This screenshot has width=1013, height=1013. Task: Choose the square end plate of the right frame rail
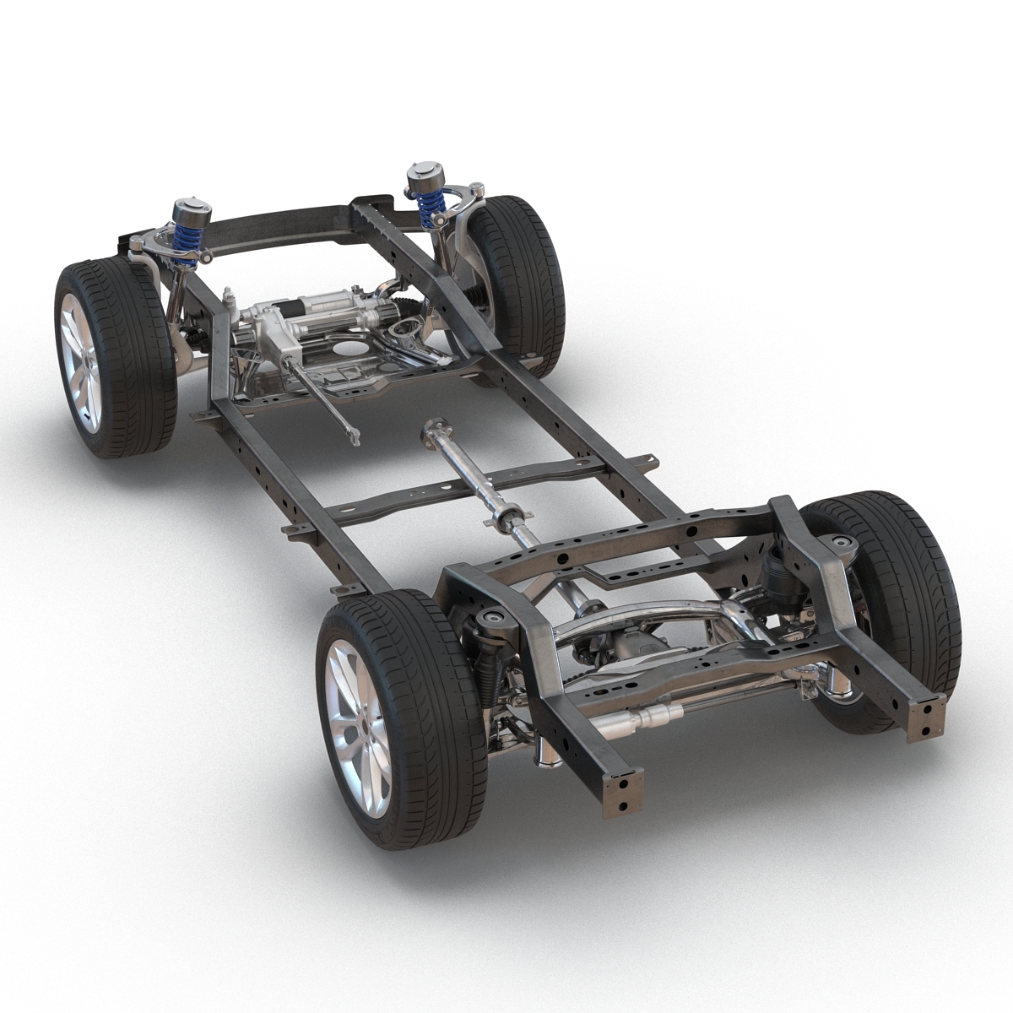tap(926, 718)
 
